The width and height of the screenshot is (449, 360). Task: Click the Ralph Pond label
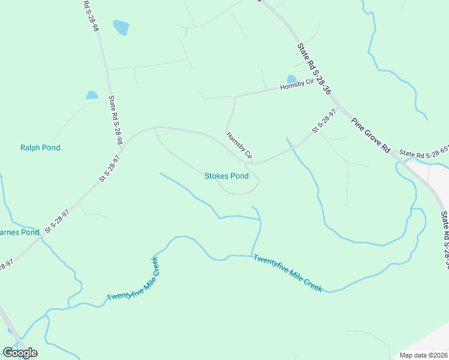(x=40, y=148)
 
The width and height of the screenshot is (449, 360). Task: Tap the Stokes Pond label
(x=226, y=176)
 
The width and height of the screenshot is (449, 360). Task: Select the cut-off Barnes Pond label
(x=19, y=232)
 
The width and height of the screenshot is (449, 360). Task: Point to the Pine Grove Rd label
(x=372, y=135)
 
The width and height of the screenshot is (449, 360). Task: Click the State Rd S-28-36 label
(x=314, y=69)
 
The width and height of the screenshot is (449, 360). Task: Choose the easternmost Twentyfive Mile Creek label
(x=288, y=274)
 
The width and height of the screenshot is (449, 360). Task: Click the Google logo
(x=20, y=352)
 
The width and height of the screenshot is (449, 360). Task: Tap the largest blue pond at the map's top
(x=121, y=28)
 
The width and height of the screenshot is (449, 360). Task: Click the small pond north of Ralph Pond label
(x=92, y=95)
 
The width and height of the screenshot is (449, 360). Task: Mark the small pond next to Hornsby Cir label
(x=292, y=79)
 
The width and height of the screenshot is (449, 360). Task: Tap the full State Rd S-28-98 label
(x=115, y=120)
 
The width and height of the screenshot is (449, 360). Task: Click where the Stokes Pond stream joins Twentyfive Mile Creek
(x=252, y=255)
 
